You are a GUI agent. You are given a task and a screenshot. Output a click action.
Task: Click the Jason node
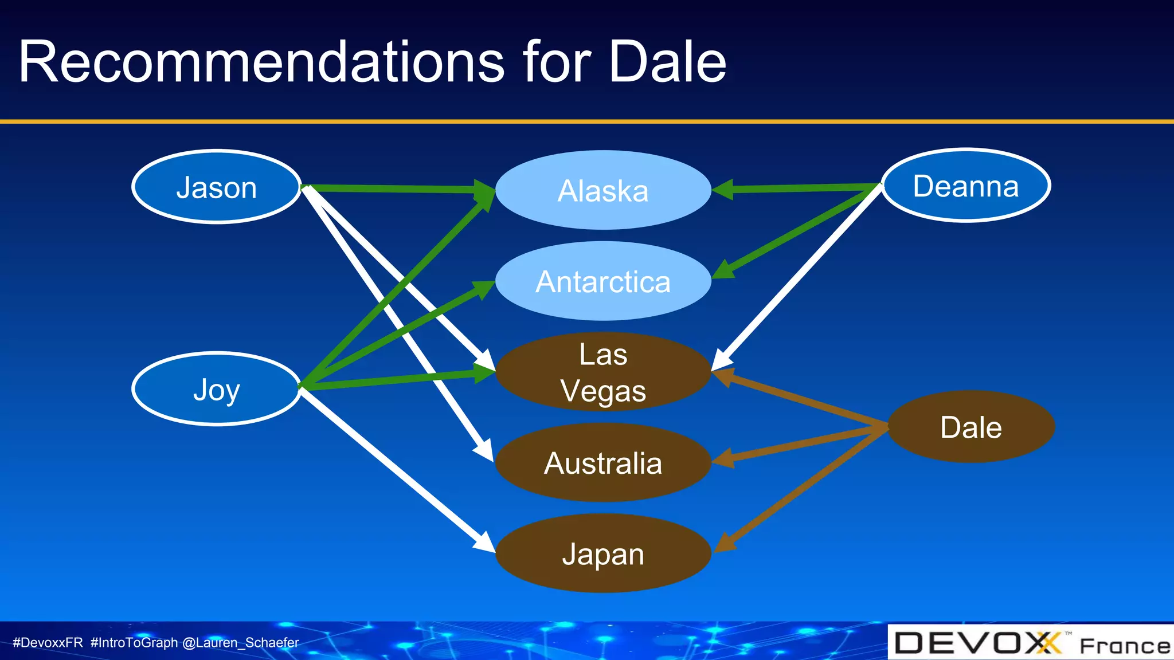point(217,187)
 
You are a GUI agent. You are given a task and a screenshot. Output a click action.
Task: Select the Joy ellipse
point(217,389)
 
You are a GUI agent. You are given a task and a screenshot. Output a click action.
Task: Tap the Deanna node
point(966,186)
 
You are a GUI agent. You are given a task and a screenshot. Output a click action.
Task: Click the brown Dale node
point(971,427)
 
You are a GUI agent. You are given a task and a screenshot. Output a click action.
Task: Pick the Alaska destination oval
point(603,190)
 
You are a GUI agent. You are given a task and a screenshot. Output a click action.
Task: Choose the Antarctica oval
point(603,281)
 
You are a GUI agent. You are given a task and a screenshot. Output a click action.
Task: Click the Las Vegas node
point(603,372)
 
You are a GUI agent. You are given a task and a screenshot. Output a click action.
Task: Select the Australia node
point(603,463)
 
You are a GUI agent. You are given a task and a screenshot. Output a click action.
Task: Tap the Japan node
point(603,553)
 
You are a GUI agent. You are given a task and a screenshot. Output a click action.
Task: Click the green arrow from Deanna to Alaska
point(803,188)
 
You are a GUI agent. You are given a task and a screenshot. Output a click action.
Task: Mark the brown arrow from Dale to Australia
point(803,444)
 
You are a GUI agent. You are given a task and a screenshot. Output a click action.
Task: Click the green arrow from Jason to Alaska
point(396,188)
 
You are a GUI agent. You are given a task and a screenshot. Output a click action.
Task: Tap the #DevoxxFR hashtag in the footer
point(48,643)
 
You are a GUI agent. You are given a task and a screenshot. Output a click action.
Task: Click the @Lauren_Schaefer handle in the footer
point(241,643)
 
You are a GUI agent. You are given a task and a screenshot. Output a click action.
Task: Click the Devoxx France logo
point(1031,643)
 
